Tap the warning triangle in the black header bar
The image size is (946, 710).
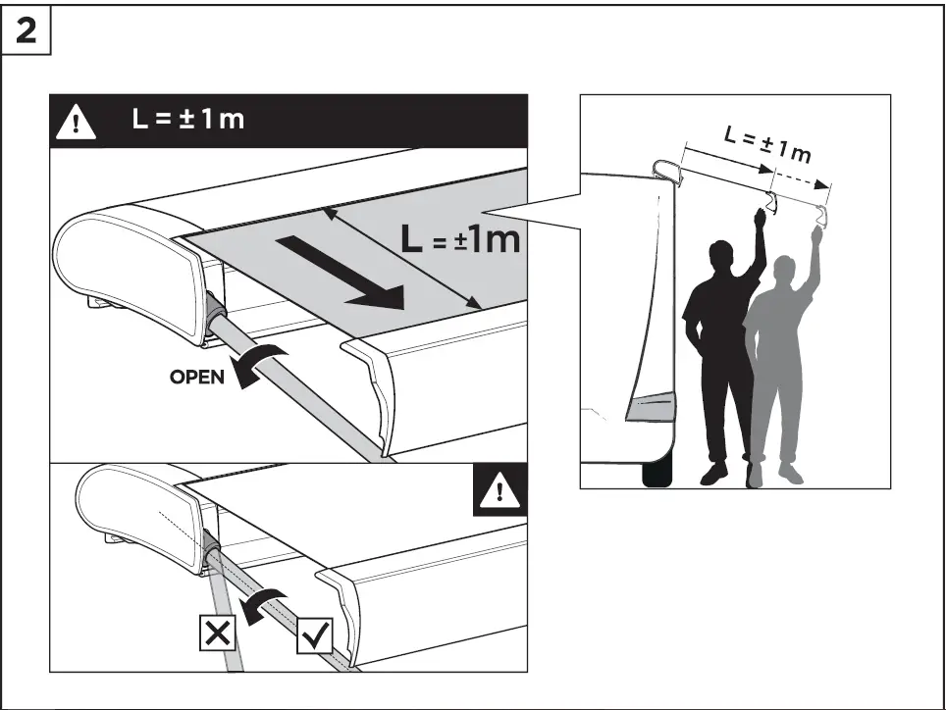tap(76, 122)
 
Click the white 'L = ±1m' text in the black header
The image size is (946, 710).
tap(188, 121)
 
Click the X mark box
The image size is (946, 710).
tap(218, 634)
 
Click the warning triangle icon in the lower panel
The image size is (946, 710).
tap(499, 491)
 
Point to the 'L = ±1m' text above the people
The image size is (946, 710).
tap(767, 144)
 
